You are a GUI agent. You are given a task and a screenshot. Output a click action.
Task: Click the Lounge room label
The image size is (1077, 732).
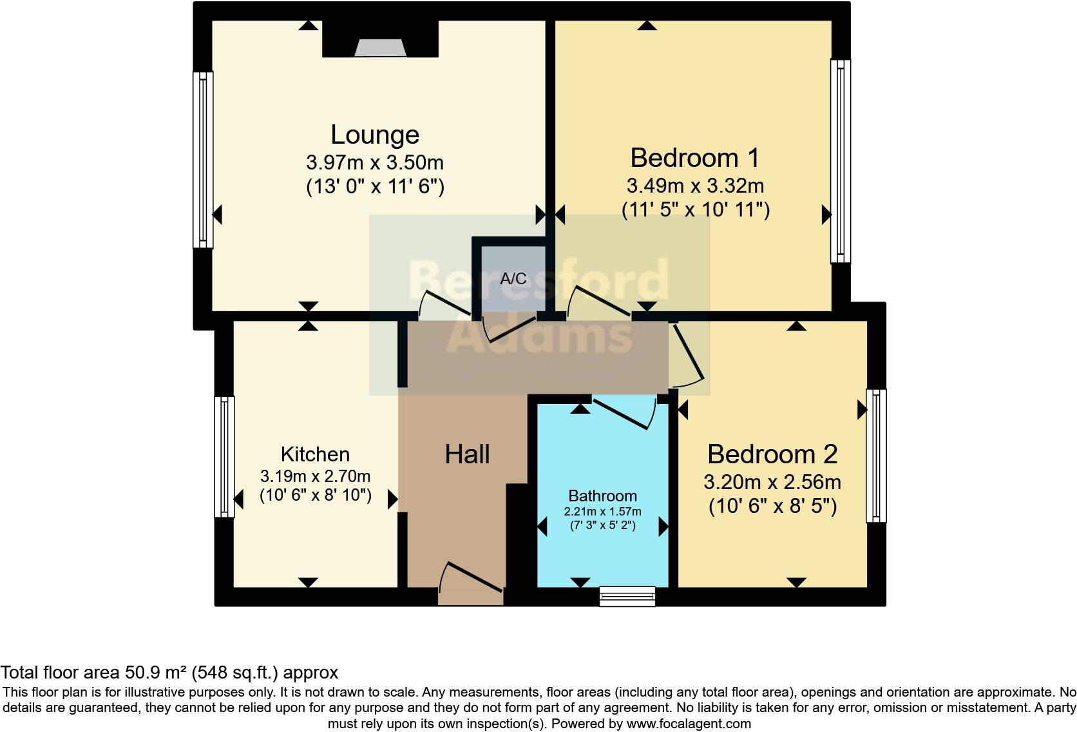coord(375,135)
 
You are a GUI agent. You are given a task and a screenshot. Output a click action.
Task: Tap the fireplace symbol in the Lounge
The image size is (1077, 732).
coord(380,48)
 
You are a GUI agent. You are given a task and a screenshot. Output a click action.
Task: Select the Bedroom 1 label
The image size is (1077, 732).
coord(694,158)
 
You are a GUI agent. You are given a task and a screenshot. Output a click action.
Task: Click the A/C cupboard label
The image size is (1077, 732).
coord(513,279)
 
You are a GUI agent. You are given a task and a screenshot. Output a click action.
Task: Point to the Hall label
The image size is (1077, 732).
coord(467,455)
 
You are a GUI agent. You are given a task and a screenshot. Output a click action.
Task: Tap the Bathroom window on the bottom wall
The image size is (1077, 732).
coord(627,596)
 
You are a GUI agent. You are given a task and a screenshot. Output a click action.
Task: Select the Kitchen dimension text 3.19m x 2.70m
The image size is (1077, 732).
coord(315,477)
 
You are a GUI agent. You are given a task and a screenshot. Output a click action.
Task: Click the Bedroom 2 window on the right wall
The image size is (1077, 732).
coord(875,455)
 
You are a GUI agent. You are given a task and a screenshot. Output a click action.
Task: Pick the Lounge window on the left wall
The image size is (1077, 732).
coord(204,159)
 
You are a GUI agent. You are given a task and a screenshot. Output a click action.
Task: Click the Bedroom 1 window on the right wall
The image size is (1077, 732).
coord(840,161)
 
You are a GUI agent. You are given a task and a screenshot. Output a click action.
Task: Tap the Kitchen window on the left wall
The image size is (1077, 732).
coord(224,456)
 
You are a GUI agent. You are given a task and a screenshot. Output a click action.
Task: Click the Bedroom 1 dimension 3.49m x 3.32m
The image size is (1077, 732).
coord(695,186)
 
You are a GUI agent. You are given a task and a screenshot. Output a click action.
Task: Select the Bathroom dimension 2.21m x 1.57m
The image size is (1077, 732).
coord(602,512)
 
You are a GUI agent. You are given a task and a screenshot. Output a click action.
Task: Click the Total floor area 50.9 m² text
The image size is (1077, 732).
coord(169,673)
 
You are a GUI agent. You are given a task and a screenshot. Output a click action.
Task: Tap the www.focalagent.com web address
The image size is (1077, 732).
coord(689,724)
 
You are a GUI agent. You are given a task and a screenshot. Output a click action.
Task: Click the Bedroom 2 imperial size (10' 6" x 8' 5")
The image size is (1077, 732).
coord(772,506)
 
